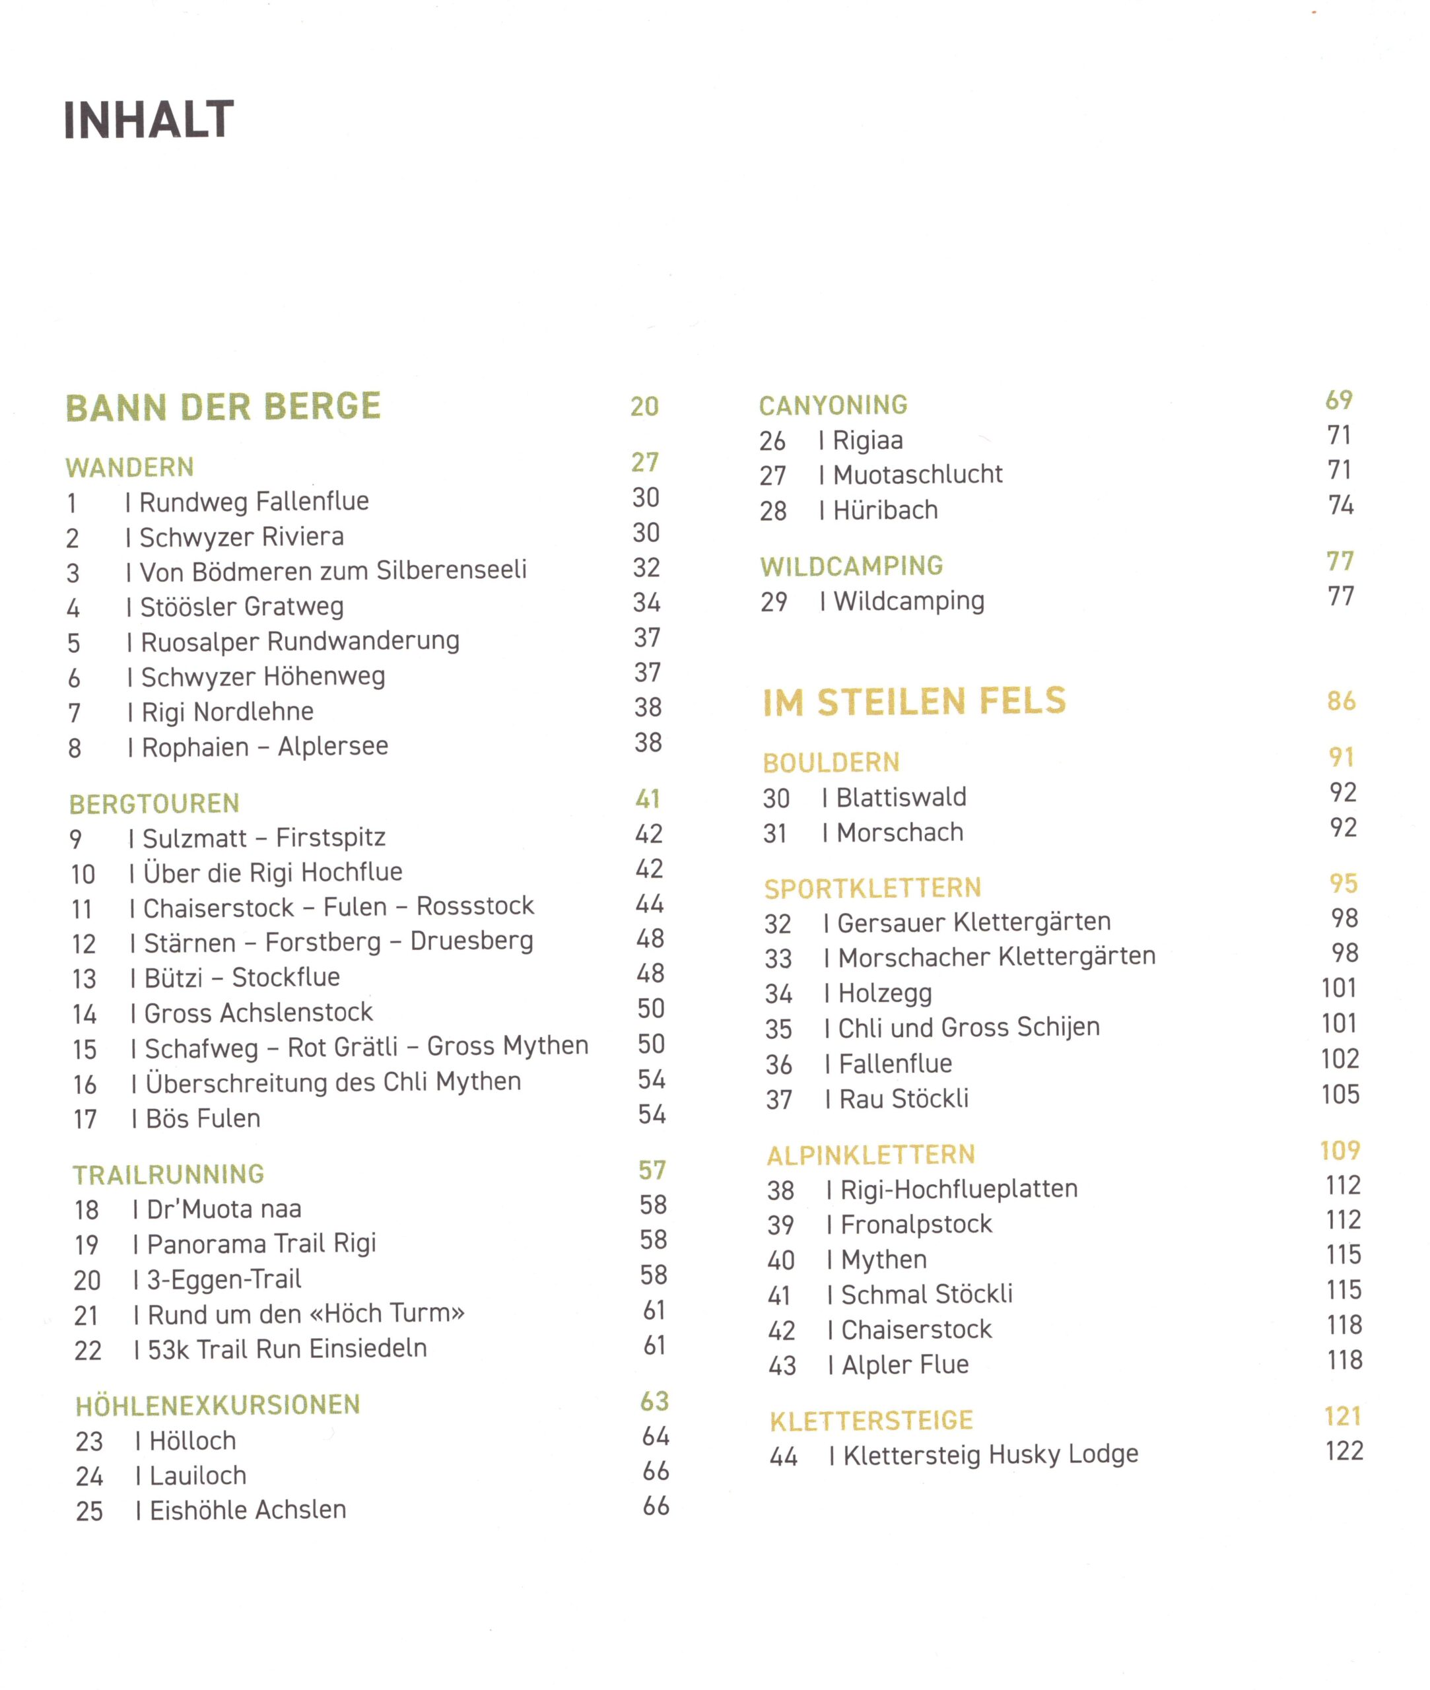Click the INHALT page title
(x=149, y=120)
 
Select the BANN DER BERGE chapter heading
(x=223, y=407)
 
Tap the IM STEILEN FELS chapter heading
(x=914, y=702)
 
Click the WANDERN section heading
(x=129, y=467)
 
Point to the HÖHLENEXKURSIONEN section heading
(x=217, y=1405)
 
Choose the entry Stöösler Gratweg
(x=242, y=606)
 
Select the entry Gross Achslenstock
(x=257, y=1013)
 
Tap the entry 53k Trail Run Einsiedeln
(x=287, y=1349)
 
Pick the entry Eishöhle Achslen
(x=248, y=1510)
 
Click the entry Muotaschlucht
(x=918, y=474)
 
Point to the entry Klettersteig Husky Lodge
(x=990, y=1455)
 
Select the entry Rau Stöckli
(x=904, y=1099)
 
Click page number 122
(x=1344, y=1451)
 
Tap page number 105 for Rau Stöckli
(x=1340, y=1095)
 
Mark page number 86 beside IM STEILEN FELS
(x=1342, y=701)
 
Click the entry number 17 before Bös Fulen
(x=85, y=1120)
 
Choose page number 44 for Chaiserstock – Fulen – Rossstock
(x=650, y=904)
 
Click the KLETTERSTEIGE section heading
(x=871, y=1420)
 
